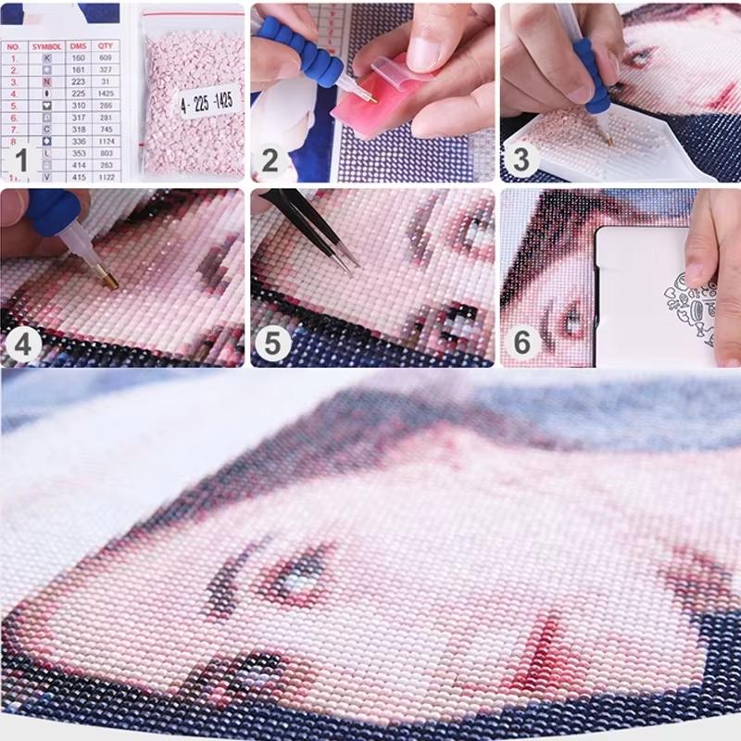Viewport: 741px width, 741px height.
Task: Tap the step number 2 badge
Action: coord(270,160)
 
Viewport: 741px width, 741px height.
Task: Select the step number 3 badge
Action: coord(521,159)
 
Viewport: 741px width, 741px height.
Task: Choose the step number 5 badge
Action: coord(270,345)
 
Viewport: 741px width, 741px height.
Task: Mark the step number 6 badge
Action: coord(521,344)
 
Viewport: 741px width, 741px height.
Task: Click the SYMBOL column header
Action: coord(46,45)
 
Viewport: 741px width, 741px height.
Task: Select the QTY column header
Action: coord(107,45)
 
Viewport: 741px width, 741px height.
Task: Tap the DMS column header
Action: coord(78,45)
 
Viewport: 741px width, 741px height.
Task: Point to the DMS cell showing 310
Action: coord(78,106)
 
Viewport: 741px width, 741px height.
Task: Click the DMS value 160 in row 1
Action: coord(78,57)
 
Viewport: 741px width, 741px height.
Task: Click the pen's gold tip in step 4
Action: coord(107,276)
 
